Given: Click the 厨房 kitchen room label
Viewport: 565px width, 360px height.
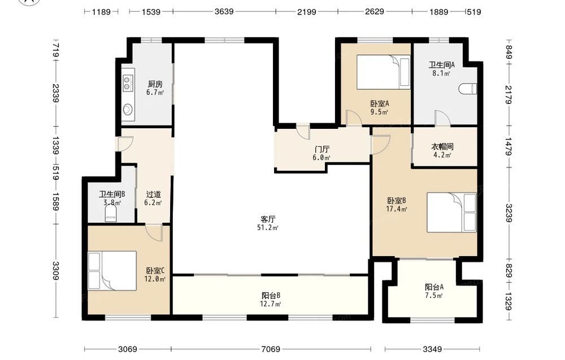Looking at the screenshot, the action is (x=155, y=84).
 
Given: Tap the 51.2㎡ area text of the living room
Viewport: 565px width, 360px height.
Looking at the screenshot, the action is (x=268, y=228).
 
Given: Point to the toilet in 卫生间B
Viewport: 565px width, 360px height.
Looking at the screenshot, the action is (x=111, y=213).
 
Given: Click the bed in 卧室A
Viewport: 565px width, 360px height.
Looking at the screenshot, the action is (x=384, y=72).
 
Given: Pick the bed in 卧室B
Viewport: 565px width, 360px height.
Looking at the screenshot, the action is (x=451, y=212).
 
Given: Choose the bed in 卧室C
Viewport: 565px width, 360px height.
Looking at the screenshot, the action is (x=112, y=271).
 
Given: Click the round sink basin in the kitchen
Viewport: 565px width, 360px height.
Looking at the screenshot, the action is (x=127, y=109).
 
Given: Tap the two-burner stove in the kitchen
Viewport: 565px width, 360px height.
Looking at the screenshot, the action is (x=127, y=83).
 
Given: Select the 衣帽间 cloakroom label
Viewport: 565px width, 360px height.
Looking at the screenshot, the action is (x=442, y=147).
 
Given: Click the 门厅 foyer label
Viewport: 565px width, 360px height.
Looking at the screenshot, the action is (x=322, y=149).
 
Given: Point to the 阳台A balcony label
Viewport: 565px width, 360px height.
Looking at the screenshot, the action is (x=434, y=287).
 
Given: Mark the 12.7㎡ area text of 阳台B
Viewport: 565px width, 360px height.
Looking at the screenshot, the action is (x=270, y=304).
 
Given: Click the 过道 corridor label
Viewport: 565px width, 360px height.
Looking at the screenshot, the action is (x=153, y=194).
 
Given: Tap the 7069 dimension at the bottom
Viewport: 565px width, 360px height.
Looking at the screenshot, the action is (x=271, y=349).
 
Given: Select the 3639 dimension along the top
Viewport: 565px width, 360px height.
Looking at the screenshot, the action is (x=224, y=11).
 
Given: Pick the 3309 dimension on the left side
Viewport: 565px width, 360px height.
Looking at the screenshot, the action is (x=55, y=271).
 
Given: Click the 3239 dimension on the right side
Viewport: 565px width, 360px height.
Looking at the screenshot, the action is (x=509, y=213).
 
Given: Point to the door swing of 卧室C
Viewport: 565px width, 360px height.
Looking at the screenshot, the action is (x=154, y=232).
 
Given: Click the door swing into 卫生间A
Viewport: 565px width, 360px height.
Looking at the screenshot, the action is (x=442, y=118).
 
